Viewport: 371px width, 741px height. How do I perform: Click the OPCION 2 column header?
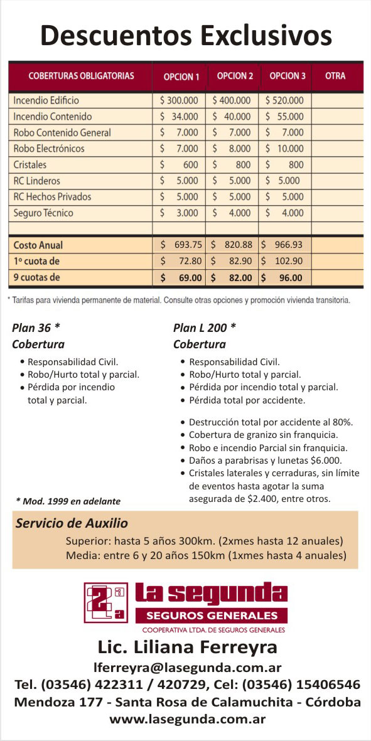pos(235,76)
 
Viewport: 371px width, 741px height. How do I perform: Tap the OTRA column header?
pos(335,76)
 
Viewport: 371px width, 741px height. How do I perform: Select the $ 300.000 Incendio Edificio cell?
pos(179,100)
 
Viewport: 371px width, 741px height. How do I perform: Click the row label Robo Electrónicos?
pos(49,149)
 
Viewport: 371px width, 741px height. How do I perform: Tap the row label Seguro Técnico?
pos(43,213)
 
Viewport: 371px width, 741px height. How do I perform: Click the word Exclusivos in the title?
pos(266,36)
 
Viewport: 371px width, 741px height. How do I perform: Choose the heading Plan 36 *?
pos(36,328)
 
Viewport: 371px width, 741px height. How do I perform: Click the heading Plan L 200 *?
pos(205,328)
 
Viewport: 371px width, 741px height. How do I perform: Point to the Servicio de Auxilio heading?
pos(72,523)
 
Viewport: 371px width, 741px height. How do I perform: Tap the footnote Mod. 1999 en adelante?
pos(68,501)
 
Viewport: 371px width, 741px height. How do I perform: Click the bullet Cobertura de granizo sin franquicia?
pos(264,434)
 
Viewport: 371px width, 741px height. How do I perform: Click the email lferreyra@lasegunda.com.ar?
pos(186,668)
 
